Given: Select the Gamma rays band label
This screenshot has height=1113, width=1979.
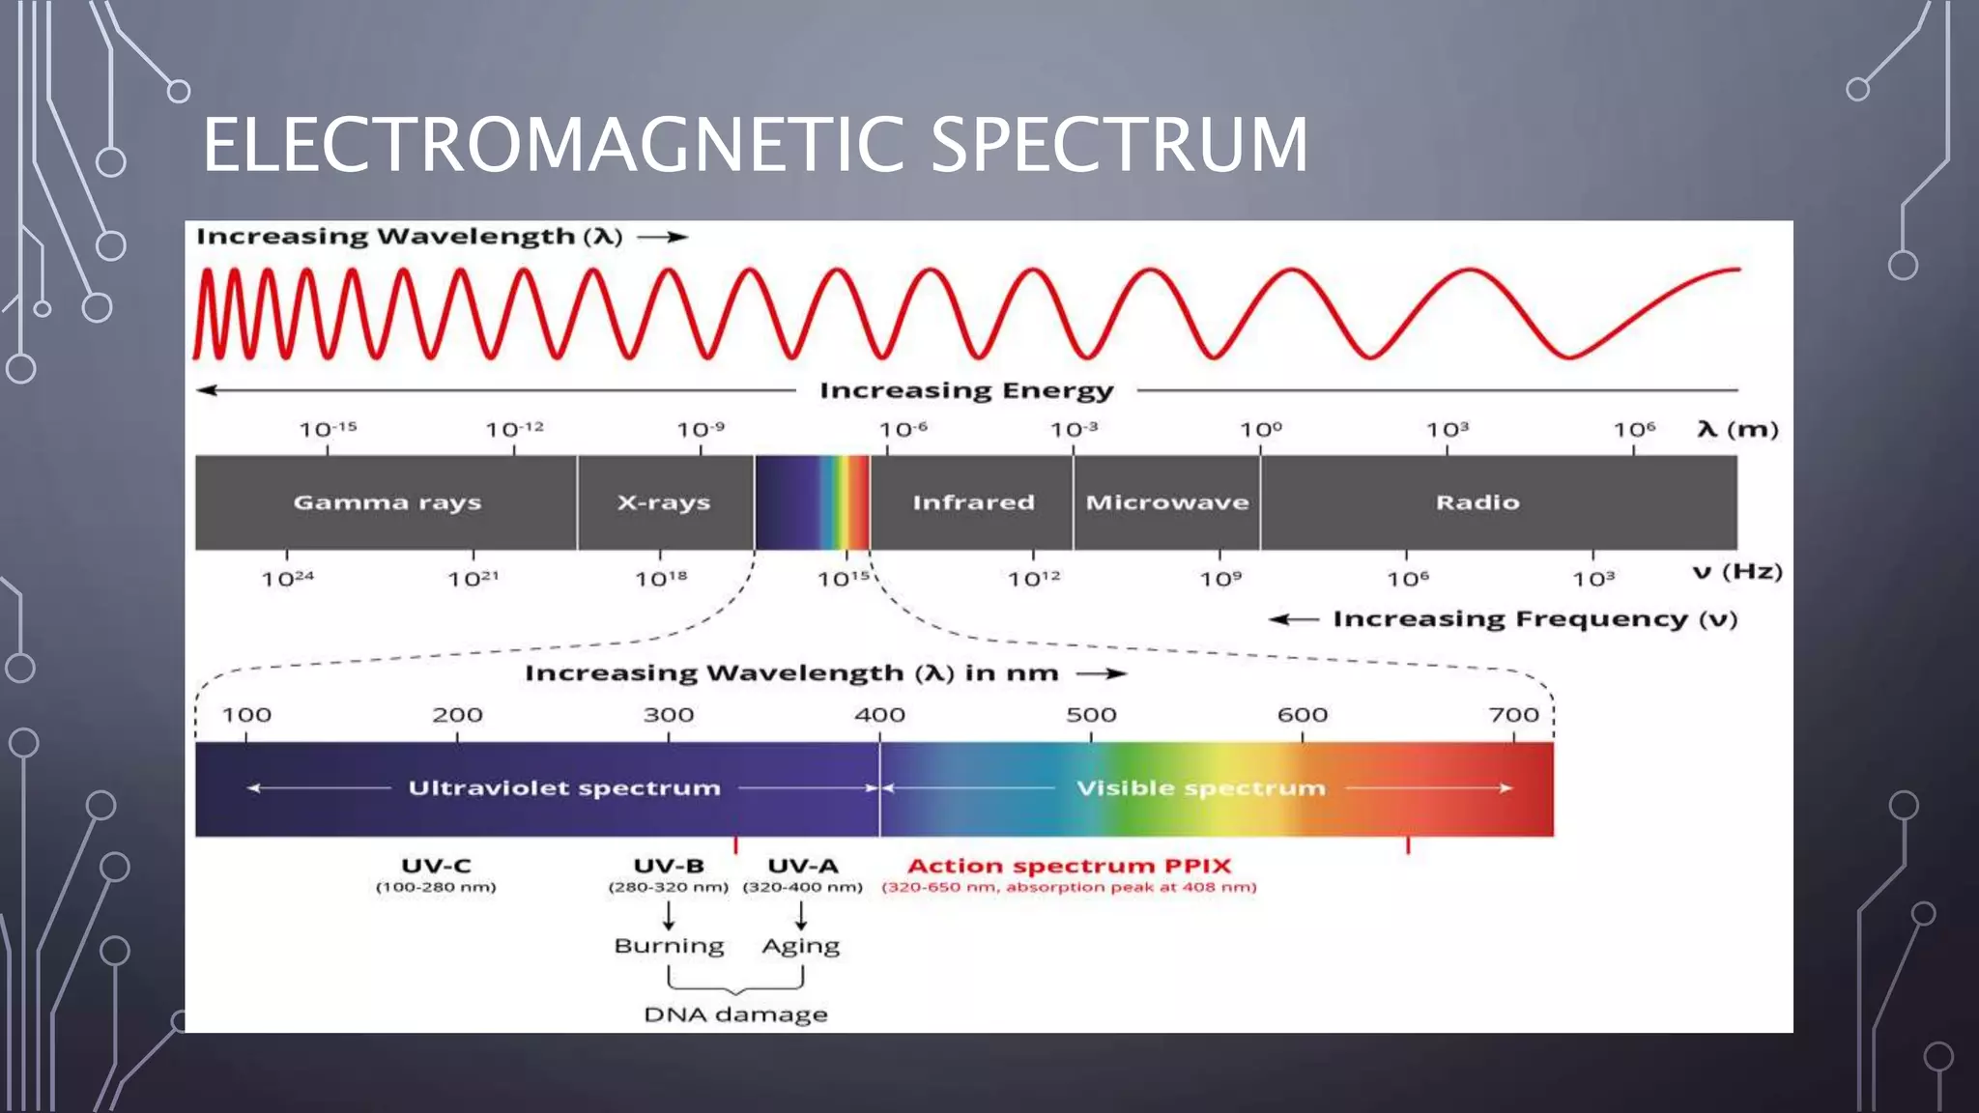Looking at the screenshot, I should [387, 502].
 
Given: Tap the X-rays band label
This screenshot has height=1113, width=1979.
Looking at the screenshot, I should [664, 502].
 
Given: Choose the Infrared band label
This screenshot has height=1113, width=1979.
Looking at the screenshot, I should [973, 502].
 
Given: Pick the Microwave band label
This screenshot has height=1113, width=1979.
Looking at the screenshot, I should [1167, 502].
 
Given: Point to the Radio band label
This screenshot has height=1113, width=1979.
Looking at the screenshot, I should [1477, 502].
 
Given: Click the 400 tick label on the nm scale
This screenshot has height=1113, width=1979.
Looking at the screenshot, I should [879, 715].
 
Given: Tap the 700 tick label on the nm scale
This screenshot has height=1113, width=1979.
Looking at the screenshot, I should [1513, 715].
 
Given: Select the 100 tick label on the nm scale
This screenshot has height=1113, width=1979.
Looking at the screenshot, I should [246, 715].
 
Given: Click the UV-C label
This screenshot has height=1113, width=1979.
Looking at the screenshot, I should [436, 866].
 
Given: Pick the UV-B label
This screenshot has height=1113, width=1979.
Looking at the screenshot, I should [669, 866].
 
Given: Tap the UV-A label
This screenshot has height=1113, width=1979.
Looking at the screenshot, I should [802, 866].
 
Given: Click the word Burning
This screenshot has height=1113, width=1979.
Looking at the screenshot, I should [669, 946].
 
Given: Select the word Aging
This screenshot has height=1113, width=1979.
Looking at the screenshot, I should [800, 946].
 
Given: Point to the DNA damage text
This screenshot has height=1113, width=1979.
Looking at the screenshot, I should [735, 1014].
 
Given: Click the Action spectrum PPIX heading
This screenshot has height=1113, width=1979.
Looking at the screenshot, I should [1069, 866].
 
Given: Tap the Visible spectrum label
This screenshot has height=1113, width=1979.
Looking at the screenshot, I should [1200, 788].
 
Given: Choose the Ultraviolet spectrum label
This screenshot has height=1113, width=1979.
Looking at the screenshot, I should [564, 788].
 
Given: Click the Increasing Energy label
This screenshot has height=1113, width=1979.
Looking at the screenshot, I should [966, 390].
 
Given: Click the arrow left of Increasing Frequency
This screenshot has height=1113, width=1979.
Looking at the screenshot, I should [1293, 619].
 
